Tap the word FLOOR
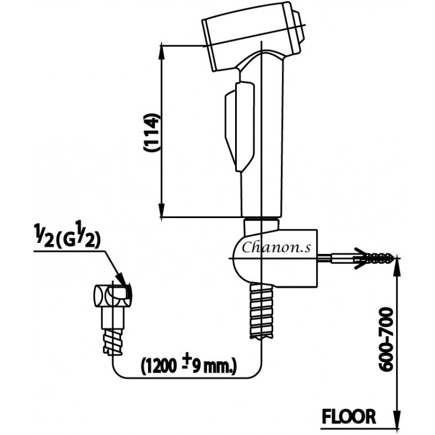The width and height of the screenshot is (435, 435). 348,416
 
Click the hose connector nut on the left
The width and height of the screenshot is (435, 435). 112,297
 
